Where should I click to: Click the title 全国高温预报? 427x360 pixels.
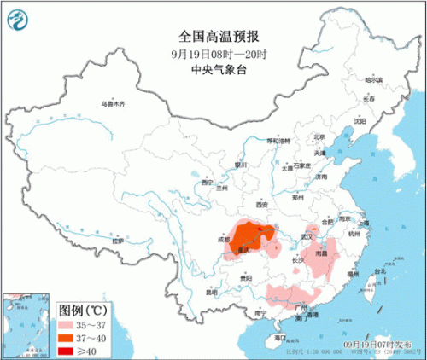[x=213, y=36]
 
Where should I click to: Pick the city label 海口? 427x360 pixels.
[x=279, y=338]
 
